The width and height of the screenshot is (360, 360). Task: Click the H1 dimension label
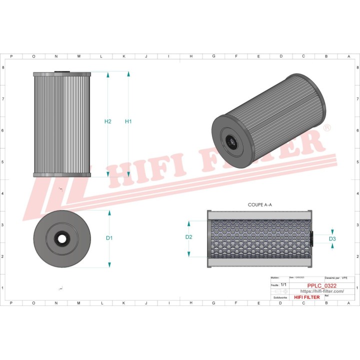(x=128, y=121)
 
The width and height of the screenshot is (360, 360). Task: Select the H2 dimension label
(x=107, y=121)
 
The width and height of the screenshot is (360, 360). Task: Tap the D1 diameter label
(x=109, y=238)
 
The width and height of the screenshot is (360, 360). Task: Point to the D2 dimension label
(x=189, y=237)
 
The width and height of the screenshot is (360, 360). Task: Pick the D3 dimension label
(x=332, y=239)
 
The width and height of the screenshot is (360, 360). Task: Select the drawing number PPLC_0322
(x=321, y=285)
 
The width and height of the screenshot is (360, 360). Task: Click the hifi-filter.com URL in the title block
(x=321, y=291)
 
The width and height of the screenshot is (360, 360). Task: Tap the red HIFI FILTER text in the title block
(x=306, y=297)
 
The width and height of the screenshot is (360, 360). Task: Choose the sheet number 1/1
(x=283, y=284)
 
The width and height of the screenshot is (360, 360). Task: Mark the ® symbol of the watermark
(x=327, y=128)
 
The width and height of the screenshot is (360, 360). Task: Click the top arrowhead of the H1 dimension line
(x=128, y=74)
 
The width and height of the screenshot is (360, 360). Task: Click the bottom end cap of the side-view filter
(x=62, y=175)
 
